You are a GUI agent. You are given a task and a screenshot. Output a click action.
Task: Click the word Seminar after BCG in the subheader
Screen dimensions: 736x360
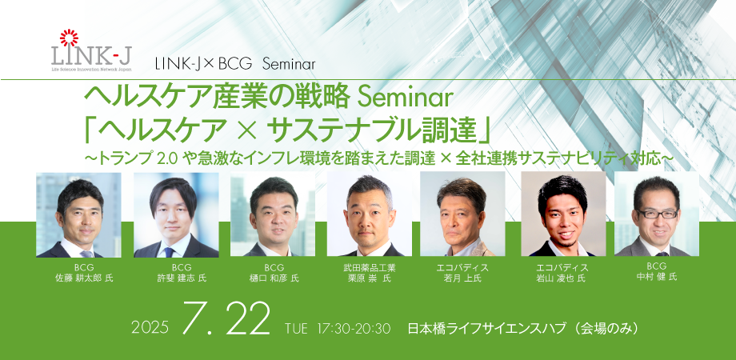(x=289, y=64)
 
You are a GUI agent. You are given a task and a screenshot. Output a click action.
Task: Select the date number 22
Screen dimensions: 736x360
(x=244, y=318)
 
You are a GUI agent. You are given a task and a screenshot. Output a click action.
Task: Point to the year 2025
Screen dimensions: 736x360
(x=150, y=327)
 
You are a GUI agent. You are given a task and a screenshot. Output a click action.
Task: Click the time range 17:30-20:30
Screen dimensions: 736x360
(x=354, y=328)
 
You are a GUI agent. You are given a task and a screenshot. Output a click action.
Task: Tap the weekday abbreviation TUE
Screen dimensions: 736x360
(x=296, y=328)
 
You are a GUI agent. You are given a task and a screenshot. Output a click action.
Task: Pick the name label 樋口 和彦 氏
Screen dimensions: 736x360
(x=274, y=278)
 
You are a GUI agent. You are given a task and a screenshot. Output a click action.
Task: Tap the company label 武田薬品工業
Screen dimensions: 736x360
(x=370, y=268)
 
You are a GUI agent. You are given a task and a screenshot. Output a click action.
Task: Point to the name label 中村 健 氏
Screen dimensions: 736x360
(x=656, y=277)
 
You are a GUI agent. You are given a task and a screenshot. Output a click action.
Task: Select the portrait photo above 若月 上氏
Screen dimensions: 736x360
(x=462, y=214)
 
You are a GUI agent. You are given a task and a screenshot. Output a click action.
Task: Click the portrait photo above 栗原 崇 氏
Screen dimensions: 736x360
(x=370, y=214)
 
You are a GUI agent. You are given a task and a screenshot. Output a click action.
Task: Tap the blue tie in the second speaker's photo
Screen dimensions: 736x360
(x=169, y=251)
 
